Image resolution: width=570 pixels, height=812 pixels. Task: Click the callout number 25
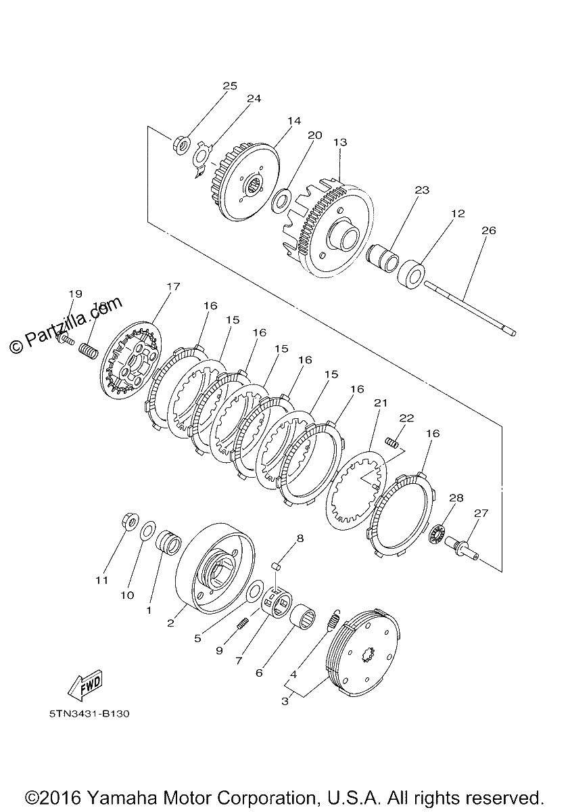230,87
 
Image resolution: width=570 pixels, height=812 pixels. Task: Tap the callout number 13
340,143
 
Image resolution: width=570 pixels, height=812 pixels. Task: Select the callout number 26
488,231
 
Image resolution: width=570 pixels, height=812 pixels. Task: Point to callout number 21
381,403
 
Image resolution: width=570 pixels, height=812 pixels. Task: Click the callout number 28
456,498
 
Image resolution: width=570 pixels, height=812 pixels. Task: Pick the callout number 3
285,701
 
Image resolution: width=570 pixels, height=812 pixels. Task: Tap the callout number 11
101,581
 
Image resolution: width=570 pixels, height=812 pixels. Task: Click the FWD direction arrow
85,684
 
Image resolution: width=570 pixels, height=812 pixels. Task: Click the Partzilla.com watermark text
65,325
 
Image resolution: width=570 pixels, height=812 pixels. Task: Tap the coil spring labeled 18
89,351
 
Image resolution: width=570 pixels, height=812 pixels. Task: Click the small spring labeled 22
391,442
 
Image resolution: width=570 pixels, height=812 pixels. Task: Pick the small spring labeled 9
242,623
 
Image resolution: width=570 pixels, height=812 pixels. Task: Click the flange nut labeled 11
129,522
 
